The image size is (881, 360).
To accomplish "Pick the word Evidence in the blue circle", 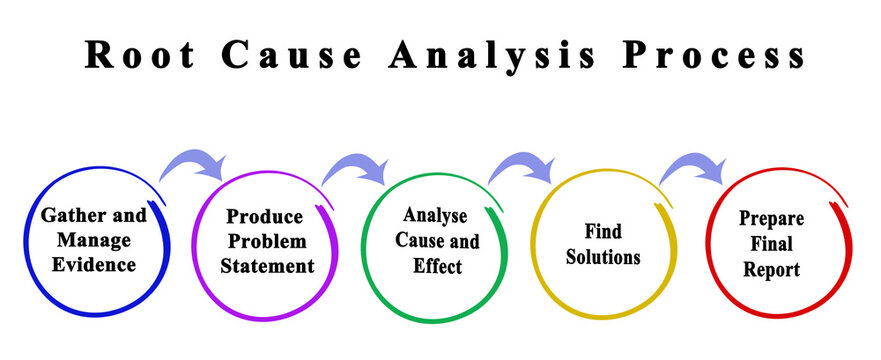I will [x=96, y=265].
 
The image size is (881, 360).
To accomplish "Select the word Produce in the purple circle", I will [x=264, y=216].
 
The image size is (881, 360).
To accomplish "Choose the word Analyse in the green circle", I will [x=437, y=215].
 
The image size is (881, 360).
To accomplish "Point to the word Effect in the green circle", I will [x=437, y=266].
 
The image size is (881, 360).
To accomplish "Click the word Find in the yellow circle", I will [x=602, y=232].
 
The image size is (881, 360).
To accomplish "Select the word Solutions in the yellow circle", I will [x=602, y=257].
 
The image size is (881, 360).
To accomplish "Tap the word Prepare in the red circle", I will [x=771, y=218].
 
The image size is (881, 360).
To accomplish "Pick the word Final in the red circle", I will [x=771, y=243].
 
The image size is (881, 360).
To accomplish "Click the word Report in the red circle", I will [x=771, y=269].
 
